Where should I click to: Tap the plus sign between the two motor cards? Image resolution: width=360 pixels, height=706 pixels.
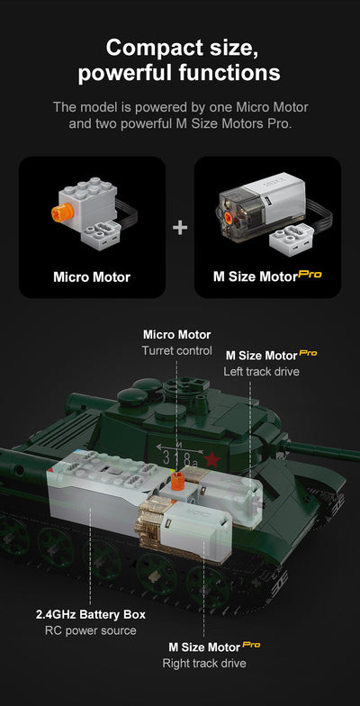[180, 228]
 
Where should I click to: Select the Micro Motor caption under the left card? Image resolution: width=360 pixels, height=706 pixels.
[92, 276]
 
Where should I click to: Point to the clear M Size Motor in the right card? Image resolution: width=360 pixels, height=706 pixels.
[256, 210]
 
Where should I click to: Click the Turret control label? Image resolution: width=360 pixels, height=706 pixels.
[176, 350]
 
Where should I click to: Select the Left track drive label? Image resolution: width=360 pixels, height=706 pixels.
[261, 371]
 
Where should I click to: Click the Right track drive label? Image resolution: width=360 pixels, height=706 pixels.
[203, 664]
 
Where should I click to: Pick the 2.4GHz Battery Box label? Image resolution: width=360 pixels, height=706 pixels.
[90, 614]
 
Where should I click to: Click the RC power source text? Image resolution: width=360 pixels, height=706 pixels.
[90, 630]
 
